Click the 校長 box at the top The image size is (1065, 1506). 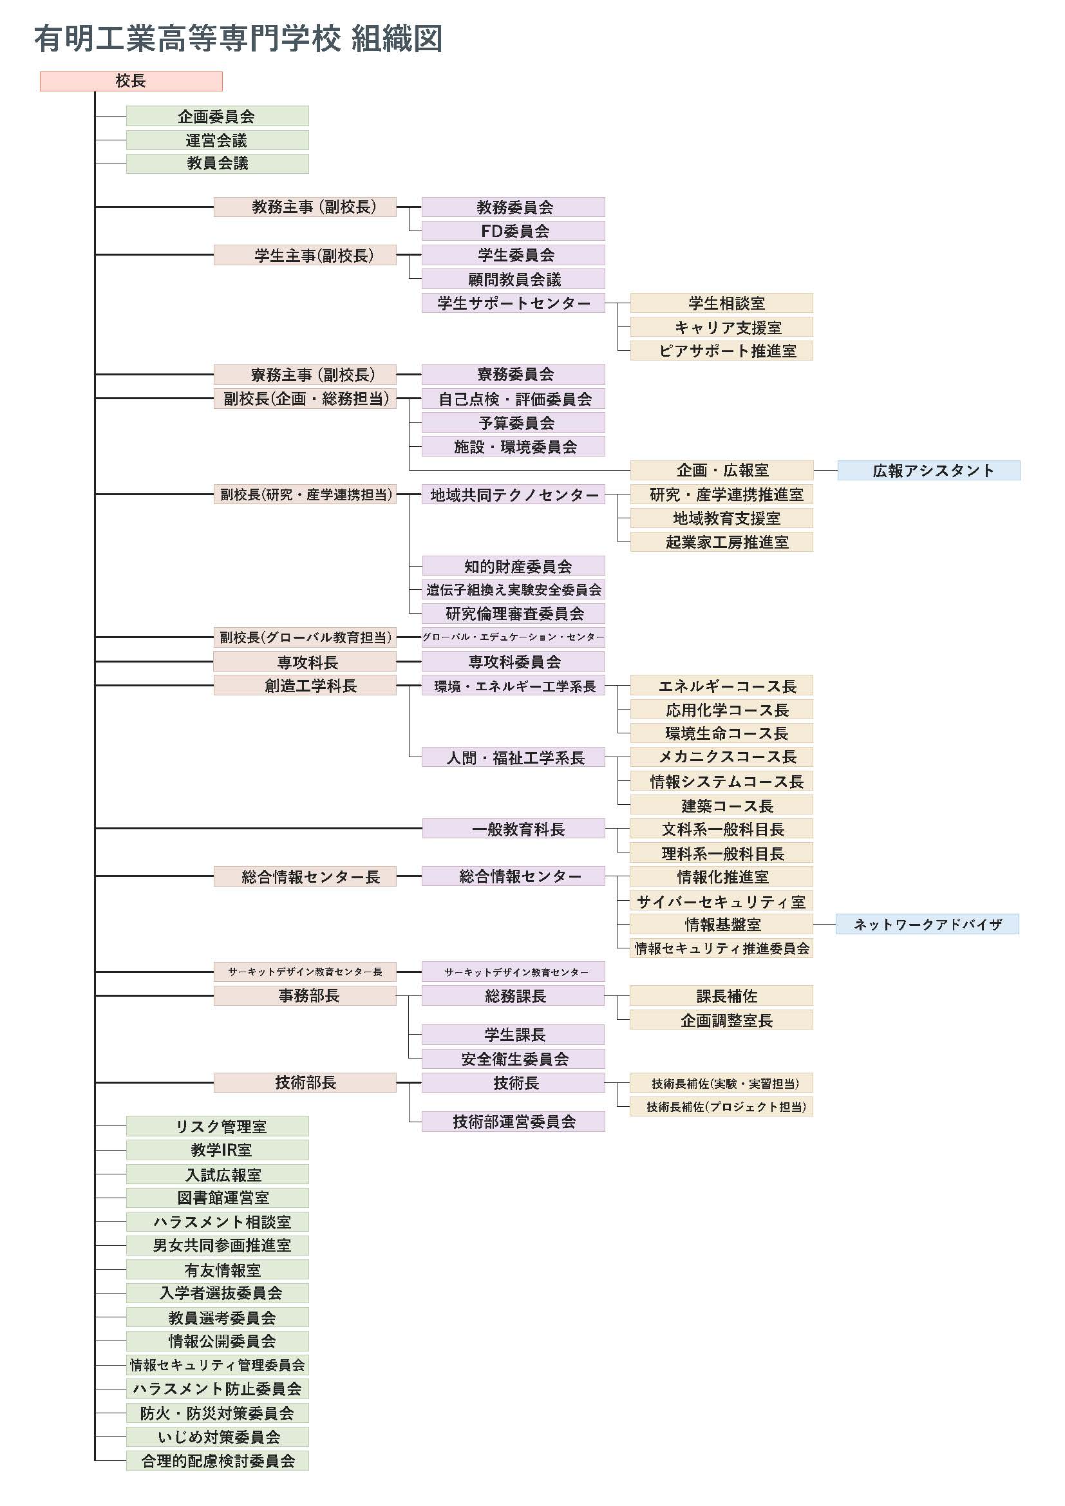[131, 81]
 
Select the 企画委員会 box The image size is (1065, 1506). [217, 116]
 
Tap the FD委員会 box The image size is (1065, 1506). [513, 231]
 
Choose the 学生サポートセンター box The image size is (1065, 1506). [513, 303]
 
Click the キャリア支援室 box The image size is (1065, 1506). [721, 326]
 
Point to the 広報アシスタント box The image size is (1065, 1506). [928, 470]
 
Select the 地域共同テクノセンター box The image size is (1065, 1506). [513, 494]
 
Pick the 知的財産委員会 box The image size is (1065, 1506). [513, 566]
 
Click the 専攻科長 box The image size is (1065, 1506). [305, 661]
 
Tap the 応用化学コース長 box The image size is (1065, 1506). [721, 710]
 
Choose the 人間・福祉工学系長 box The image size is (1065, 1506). [513, 758]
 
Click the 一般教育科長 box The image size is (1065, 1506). [513, 829]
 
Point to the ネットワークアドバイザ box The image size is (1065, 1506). [927, 924]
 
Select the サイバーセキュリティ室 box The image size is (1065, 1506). [721, 901]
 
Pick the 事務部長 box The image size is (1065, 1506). [305, 995]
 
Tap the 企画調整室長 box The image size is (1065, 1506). [721, 1020]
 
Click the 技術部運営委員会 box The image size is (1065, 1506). [513, 1122]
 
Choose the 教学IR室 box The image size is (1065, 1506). [217, 1150]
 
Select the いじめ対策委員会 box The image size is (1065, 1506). [217, 1437]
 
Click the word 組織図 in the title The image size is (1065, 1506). [397, 39]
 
